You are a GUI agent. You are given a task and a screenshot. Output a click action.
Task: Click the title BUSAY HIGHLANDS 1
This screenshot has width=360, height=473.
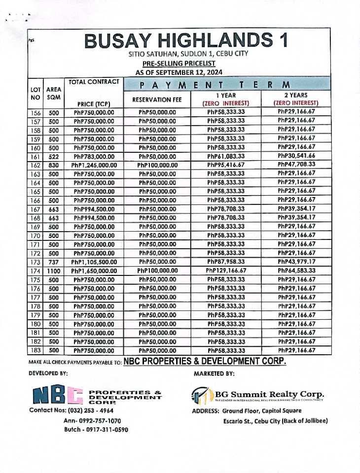[187, 40]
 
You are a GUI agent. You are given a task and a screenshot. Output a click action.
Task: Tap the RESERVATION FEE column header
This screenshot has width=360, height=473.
[157, 100]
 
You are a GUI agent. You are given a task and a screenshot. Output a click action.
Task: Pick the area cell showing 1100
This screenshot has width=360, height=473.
[53, 271]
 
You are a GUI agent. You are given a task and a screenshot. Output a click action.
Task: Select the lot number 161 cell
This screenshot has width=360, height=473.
[36, 156]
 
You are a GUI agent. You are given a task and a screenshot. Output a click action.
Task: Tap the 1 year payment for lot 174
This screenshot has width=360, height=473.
[226, 271]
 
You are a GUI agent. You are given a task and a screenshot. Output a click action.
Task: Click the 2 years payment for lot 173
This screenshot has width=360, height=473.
[296, 262]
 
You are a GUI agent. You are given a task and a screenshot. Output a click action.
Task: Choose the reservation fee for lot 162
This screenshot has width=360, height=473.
[157, 165]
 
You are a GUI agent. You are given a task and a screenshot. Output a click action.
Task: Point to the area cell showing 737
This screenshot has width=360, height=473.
[53, 262]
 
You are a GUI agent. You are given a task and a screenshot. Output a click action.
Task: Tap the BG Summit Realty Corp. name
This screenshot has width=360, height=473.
[269, 394]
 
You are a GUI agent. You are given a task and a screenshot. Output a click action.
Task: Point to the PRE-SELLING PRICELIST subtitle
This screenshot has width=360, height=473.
[179, 64]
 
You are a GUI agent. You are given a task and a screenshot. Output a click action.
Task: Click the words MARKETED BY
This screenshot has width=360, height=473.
[214, 374]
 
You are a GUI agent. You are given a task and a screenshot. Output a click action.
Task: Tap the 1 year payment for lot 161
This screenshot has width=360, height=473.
[226, 156]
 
